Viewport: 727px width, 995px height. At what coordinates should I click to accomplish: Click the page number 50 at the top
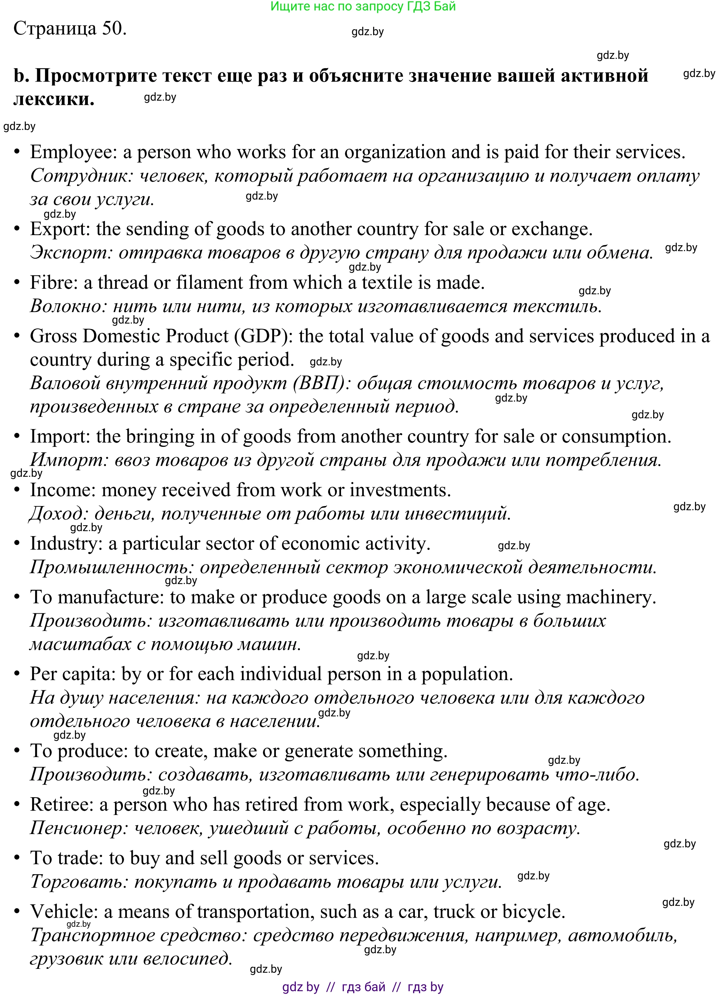tap(114, 29)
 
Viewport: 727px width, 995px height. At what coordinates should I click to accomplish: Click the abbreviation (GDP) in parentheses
tap(264, 336)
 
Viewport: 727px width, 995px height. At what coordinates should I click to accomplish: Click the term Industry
tap(65, 544)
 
